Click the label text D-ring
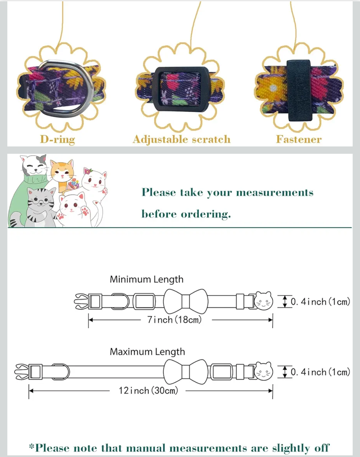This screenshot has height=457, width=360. (57, 139)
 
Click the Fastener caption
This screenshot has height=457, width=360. (299, 139)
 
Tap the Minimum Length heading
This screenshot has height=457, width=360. (147, 279)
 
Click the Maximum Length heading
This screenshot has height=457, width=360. (147, 352)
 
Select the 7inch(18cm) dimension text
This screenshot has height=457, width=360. (174, 320)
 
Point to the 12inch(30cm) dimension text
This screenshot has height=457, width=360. (148, 390)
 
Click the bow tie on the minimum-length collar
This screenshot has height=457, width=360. (185, 302)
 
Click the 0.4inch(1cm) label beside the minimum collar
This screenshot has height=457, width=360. (320, 302)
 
